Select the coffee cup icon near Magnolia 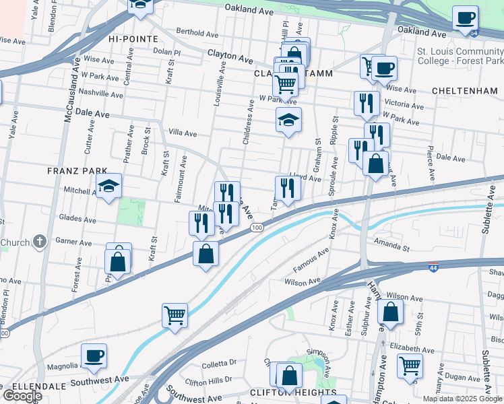[94, 355]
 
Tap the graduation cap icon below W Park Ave [288, 120]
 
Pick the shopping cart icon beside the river [175, 314]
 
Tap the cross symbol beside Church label [40, 240]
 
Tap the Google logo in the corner [22, 396]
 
